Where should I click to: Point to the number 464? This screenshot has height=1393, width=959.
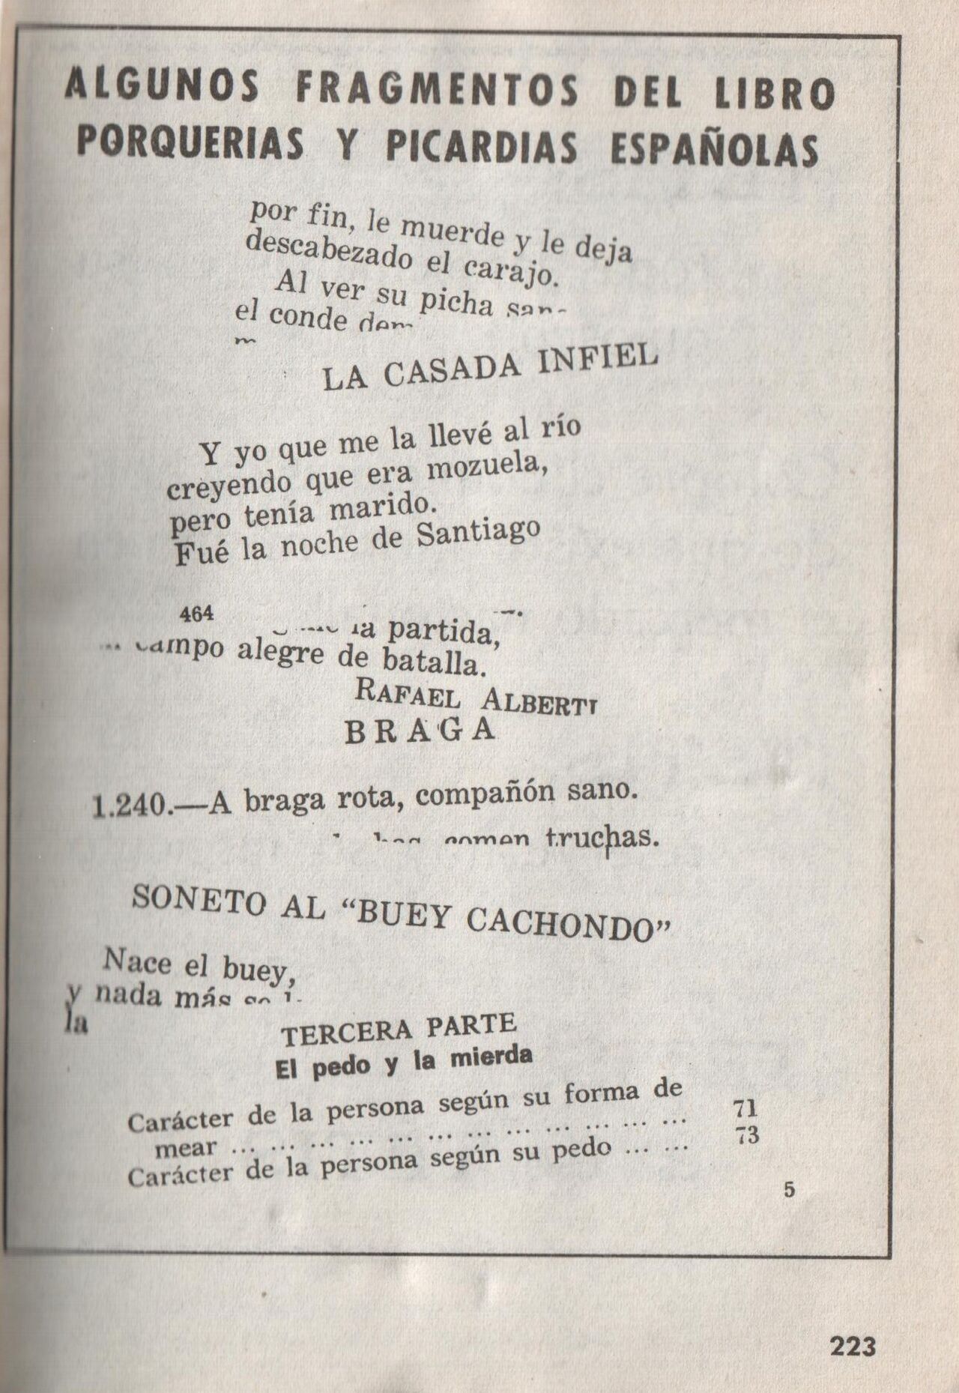198,613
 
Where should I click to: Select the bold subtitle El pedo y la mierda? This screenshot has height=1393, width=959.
405,1063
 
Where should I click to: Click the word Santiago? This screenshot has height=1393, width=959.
478,532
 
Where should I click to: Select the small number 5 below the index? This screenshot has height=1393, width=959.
789,1191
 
